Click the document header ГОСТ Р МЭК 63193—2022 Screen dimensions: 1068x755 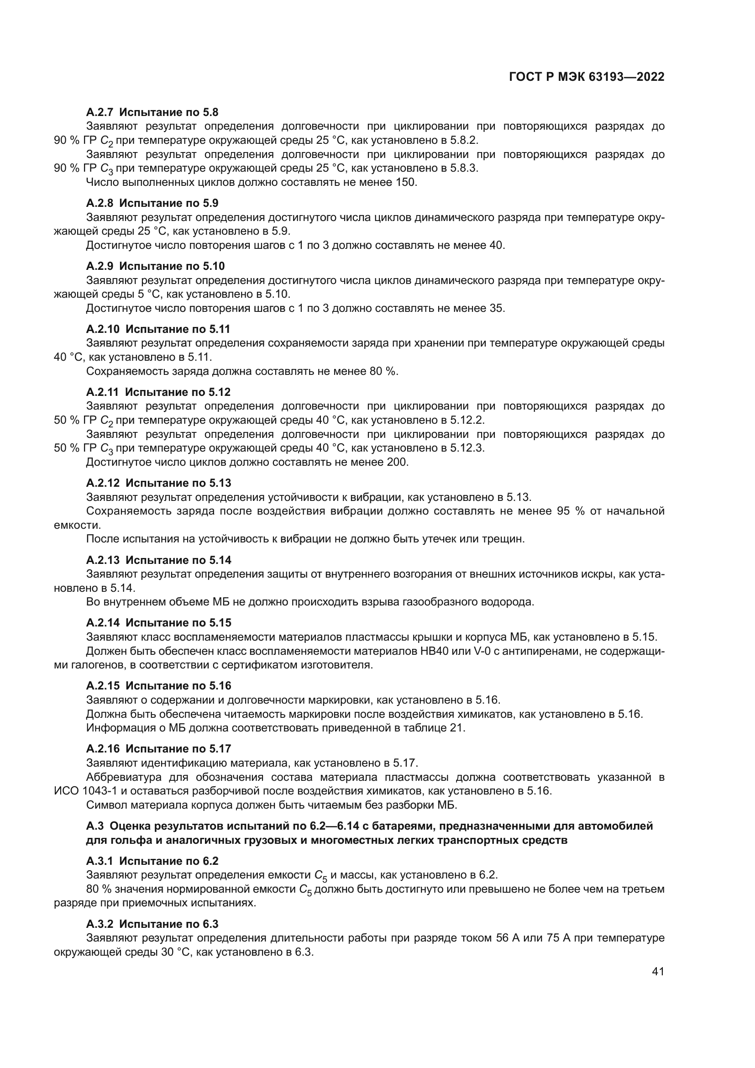586,77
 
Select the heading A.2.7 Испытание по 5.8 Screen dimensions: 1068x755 152,112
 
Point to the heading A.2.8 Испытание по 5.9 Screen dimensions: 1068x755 152,203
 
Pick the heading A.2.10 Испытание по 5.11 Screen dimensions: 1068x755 158,329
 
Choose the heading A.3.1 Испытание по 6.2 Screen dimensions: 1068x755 152,861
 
